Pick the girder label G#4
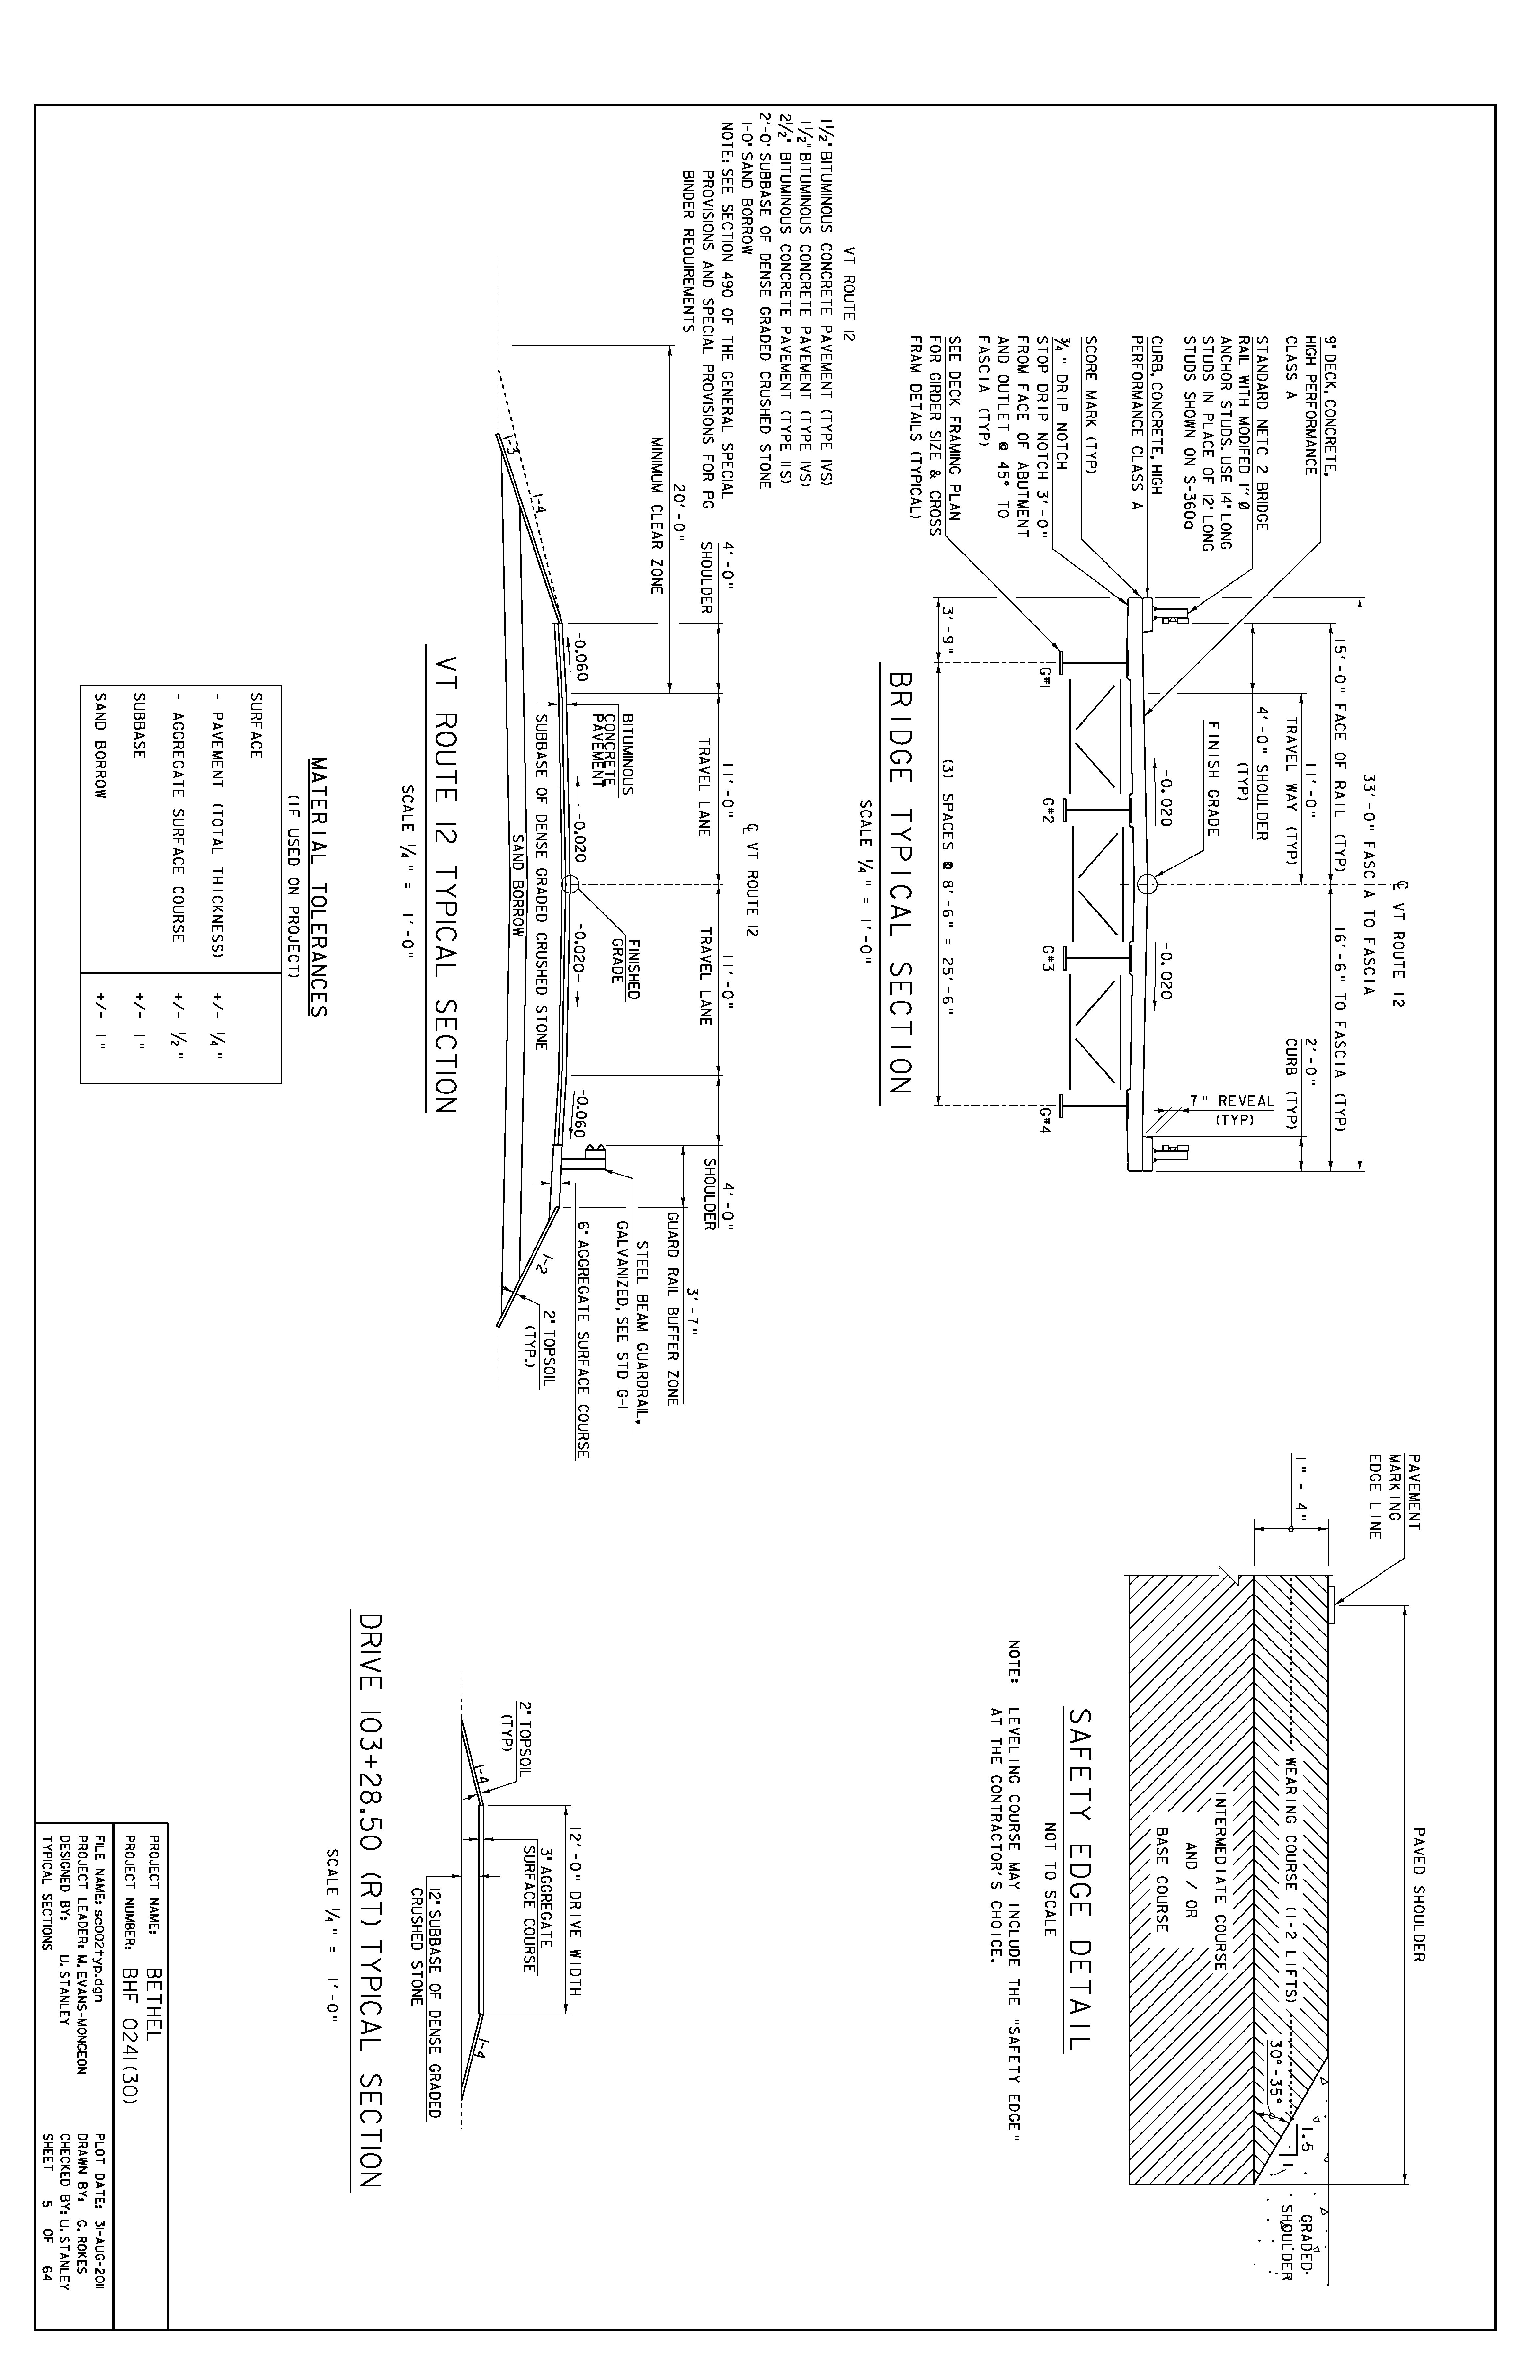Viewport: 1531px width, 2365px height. (1046, 1121)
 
